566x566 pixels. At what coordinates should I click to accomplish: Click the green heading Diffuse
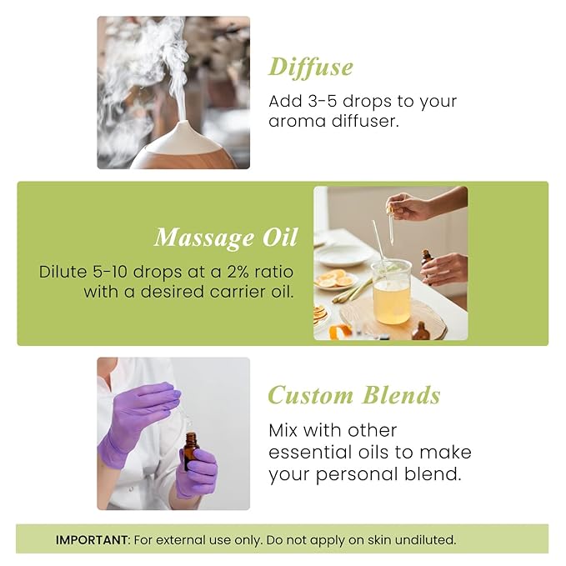310,67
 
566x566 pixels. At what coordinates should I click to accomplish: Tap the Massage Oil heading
225,238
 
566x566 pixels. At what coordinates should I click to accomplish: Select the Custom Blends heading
353,395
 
